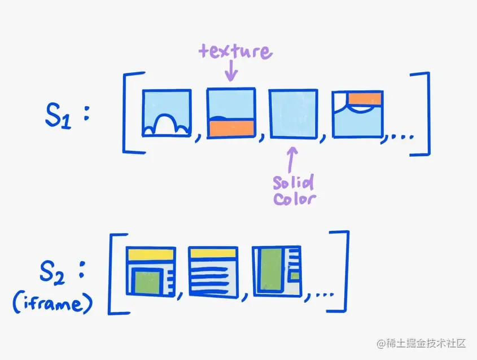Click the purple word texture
tap(234, 52)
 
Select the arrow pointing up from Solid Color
tap(292, 160)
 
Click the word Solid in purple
tap(292, 183)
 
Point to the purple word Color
tap(294, 199)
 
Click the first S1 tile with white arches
tap(167, 113)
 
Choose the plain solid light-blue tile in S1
tap(293, 113)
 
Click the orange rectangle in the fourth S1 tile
tap(365, 98)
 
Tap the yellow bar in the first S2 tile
tap(151, 254)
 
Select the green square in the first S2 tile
tap(148, 282)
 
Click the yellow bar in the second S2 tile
tap(212, 253)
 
